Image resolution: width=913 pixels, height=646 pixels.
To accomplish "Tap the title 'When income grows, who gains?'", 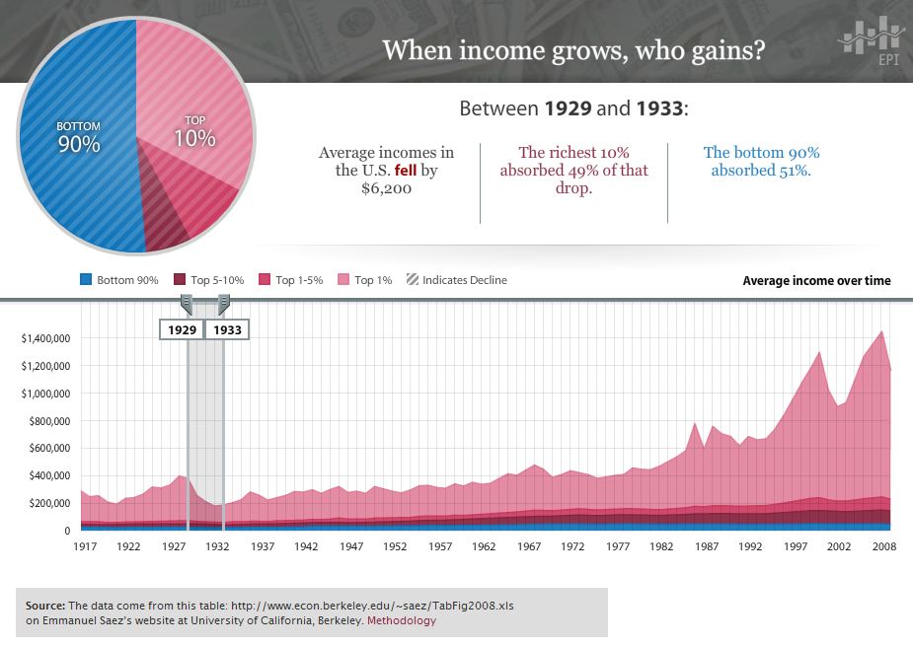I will (572, 49).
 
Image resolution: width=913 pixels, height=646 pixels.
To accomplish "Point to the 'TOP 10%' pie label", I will (194, 132).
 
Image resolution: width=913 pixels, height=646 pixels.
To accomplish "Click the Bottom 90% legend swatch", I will (86, 280).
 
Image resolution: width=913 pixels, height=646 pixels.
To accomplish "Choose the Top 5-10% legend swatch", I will (180, 280).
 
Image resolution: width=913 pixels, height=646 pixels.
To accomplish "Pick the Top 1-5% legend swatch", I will (264, 280).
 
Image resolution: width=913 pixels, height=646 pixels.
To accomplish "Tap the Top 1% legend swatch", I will (344, 280).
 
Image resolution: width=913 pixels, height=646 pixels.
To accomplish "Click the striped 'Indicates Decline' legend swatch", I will (412, 280).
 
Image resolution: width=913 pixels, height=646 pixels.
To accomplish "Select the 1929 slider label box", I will (182, 329).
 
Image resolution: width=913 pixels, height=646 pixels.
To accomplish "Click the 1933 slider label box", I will (227, 329).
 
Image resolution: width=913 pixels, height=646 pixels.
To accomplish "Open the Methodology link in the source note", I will (401, 621).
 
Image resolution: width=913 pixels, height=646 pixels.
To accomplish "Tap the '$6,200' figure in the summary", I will (387, 188).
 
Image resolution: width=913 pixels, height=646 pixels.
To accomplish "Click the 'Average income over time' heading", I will (816, 281).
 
